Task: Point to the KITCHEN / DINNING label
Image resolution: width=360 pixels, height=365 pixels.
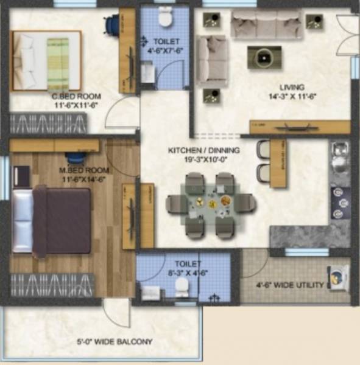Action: tap(203, 150)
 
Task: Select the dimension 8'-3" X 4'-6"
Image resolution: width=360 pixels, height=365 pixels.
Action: tap(187, 273)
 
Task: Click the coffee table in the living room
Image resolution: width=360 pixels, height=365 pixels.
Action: tap(264, 57)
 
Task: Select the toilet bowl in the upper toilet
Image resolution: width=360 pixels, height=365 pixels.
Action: tap(164, 18)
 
